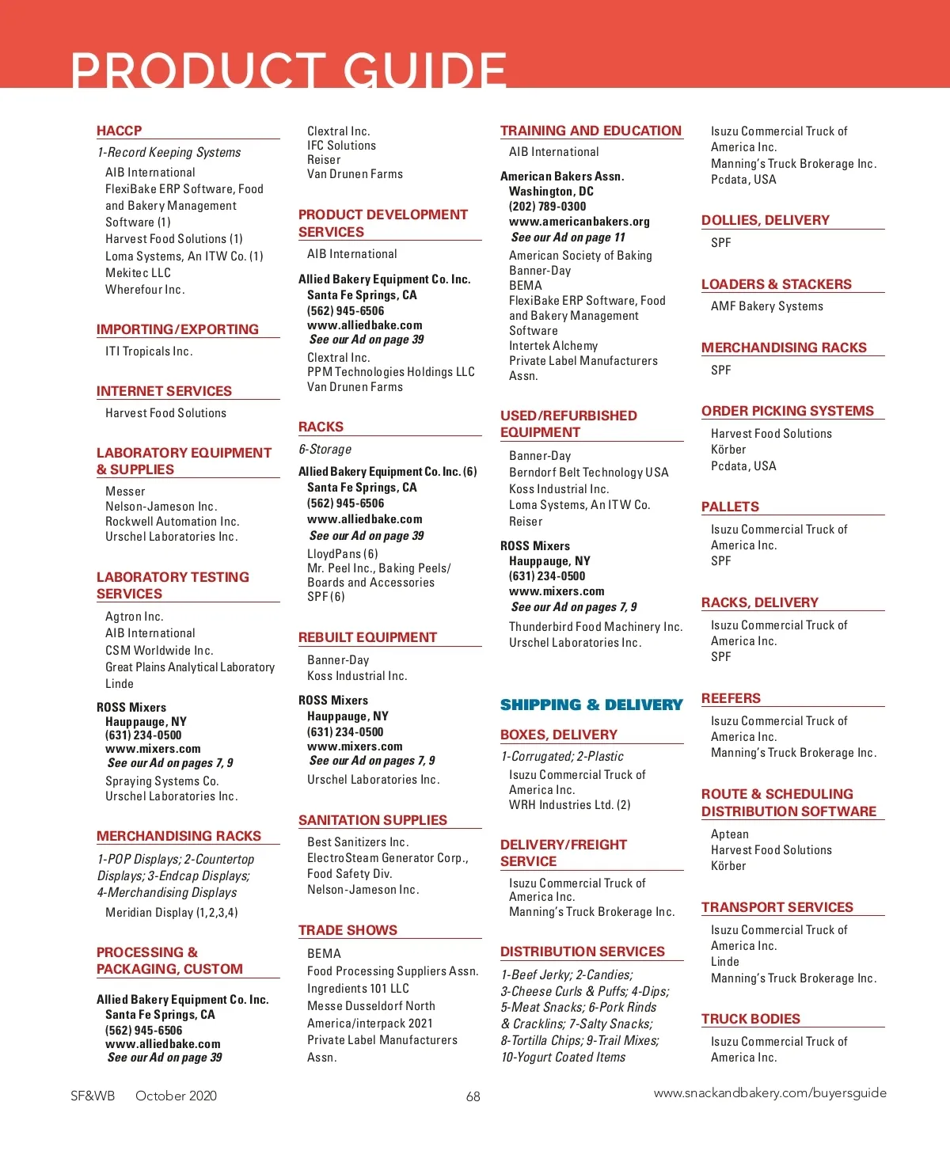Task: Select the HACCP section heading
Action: point(120,131)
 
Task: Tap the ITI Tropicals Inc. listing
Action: point(149,351)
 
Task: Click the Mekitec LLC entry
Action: point(138,273)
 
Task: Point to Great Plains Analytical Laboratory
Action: point(190,667)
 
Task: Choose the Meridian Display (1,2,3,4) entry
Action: point(171,913)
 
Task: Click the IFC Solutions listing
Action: point(341,146)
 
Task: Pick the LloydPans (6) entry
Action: point(342,554)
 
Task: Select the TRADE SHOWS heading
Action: point(348,930)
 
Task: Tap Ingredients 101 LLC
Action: point(358,989)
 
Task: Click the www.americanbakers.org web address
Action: point(579,222)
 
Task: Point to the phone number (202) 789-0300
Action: point(547,207)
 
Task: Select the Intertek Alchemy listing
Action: point(553,346)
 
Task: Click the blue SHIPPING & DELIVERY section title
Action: point(591,705)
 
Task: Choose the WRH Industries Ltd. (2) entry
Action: point(569,805)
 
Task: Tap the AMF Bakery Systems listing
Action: point(766,306)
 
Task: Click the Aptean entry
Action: point(729,834)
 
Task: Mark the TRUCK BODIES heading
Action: point(750,1019)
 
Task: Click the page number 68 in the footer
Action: point(473,1096)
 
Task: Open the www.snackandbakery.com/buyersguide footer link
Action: point(769,1093)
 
